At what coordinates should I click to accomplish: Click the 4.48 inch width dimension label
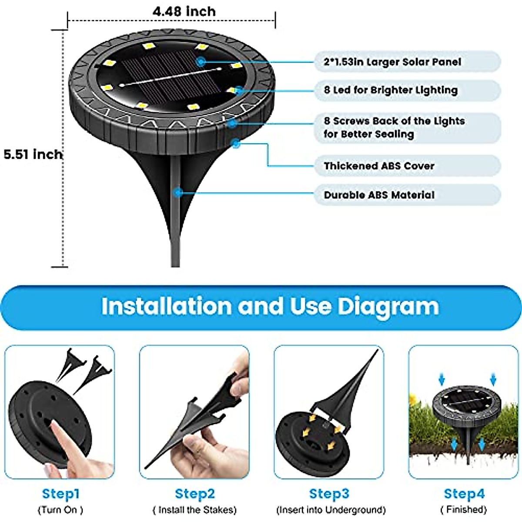pyautogui.click(x=184, y=11)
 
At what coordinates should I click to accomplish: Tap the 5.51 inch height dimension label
pyautogui.click(x=33, y=154)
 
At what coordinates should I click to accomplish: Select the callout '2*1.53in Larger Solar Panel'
pyautogui.click(x=392, y=62)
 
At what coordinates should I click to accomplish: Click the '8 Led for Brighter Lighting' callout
pyautogui.click(x=390, y=90)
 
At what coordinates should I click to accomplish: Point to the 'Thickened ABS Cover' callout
pyautogui.click(x=378, y=166)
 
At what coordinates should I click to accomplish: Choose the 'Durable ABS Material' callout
pyautogui.click(x=378, y=195)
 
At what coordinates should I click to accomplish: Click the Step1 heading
pyautogui.click(x=60, y=494)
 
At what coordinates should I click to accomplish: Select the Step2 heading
pyautogui.click(x=194, y=494)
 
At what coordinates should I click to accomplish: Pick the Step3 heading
pyautogui.click(x=329, y=494)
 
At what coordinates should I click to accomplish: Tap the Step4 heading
pyautogui.click(x=464, y=494)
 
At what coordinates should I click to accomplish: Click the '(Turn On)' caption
pyautogui.click(x=60, y=509)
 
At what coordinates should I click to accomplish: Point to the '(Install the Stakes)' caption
pyautogui.click(x=194, y=509)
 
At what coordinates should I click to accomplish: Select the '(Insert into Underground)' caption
pyautogui.click(x=331, y=509)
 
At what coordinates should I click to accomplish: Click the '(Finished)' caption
pyautogui.click(x=464, y=509)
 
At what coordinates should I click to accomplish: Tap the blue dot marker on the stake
pyautogui.click(x=177, y=192)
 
